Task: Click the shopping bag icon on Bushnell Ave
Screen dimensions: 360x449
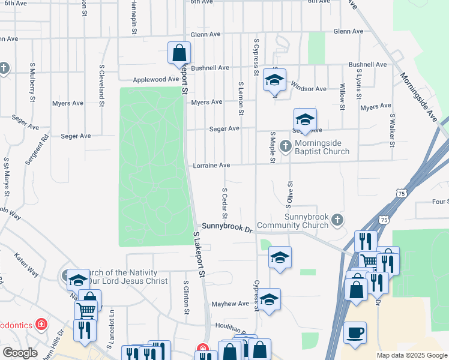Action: coord(179,53)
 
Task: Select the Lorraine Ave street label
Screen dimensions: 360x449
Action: coord(211,166)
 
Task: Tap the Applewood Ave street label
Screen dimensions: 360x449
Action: coord(152,79)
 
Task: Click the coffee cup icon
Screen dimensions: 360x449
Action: coord(355,332)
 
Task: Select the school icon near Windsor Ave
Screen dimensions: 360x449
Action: coord(274,80)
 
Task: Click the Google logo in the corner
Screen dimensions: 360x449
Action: coord(20,353)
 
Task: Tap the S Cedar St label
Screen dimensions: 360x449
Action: coord(224,203)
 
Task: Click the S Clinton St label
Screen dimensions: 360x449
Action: coord(186,297)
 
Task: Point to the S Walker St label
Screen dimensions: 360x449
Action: coord(392,130)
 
